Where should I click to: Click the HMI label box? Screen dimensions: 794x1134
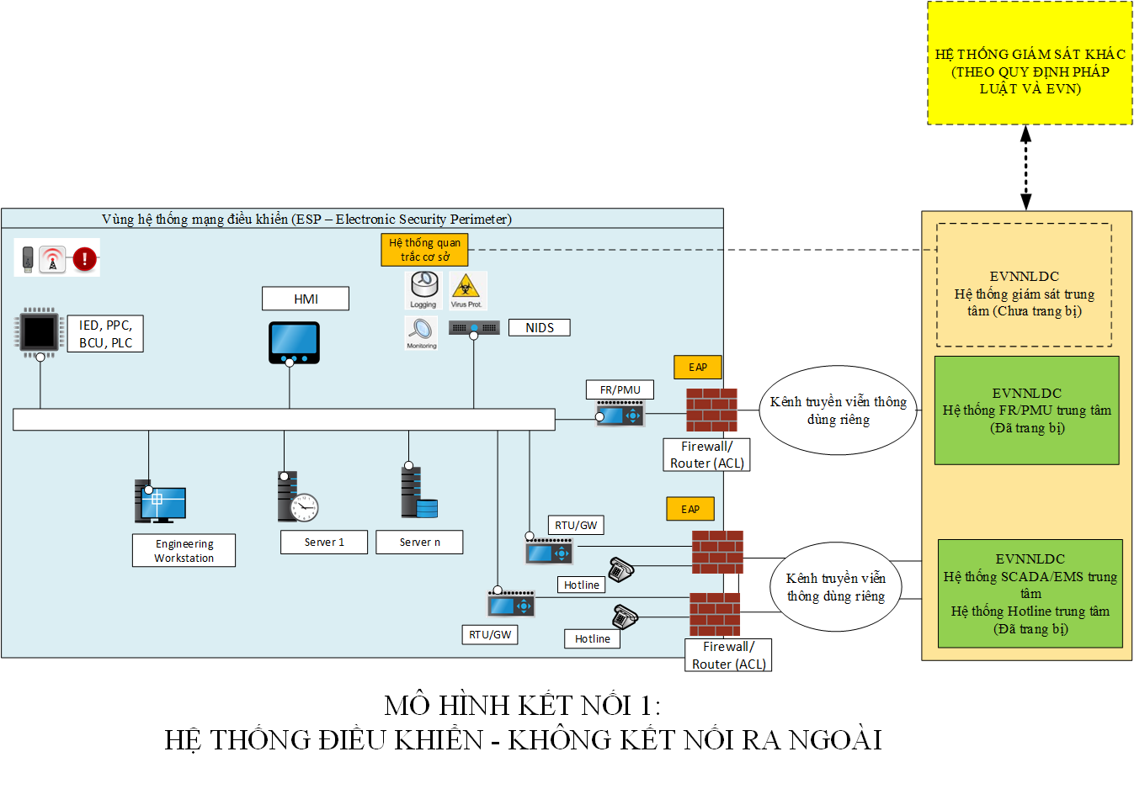(x=306, y=299)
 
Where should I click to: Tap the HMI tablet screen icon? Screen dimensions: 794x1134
(x=294, y=341)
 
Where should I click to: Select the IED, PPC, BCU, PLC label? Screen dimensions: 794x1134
(x=105, y=334)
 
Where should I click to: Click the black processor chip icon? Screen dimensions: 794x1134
(x=40, y=331)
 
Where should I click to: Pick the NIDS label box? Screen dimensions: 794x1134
(x=540, y=328)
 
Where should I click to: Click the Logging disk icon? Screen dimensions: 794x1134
(x=423, y=288)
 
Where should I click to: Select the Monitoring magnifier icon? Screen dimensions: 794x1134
(x=421, y=331)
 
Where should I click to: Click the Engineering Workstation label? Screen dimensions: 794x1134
(x=184, y=551)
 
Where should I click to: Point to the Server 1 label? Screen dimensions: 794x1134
(x=324, y=543)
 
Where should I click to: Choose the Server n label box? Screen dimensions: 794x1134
(x=419, y=543)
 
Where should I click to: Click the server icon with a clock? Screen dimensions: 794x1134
(x=297, y=498)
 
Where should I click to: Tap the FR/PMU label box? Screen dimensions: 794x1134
(x=620, y=389)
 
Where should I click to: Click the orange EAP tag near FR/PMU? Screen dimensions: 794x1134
(x=698, y=367)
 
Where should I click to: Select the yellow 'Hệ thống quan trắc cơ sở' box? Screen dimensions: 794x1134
(x=424, y=250)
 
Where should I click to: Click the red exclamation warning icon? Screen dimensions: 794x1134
(x=84, y=258)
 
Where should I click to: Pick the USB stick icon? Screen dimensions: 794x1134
(x=28, y=258)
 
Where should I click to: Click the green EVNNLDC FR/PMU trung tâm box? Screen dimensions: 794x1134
(x=1026, y=410)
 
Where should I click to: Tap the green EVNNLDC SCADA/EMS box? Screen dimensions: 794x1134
(x=1030, y=594)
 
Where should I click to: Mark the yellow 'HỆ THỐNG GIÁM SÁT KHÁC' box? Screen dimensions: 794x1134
(x=1030, y=64)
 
